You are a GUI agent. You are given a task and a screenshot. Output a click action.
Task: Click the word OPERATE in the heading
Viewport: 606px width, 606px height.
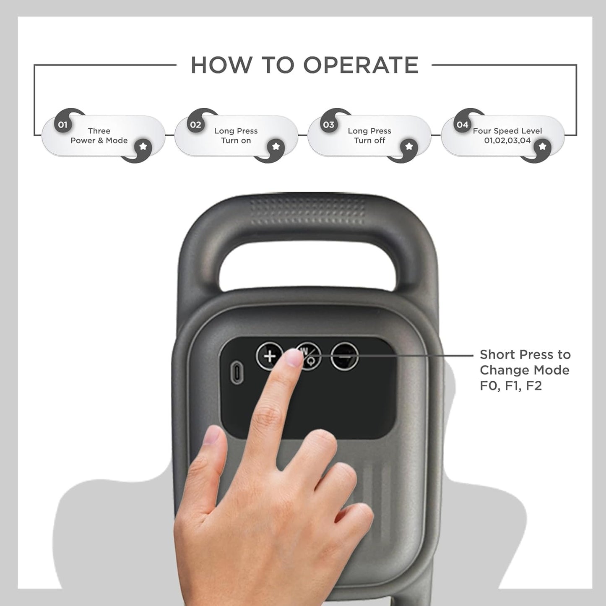[x=361, y=65]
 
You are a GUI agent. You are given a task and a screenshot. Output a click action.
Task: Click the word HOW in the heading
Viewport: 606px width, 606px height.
[x=221, y=65]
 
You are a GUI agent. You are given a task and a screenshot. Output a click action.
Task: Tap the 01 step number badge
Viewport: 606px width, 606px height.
[x=62, y=125]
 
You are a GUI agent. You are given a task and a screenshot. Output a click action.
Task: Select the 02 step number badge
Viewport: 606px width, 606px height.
[x=195, y=125]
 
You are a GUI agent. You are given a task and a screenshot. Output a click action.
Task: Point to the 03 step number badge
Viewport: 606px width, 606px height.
[x=328, y=125]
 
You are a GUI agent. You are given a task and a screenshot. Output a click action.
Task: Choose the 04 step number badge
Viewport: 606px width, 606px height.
[x=462, y=125]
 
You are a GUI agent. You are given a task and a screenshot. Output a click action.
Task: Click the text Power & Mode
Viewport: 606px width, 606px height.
[x=99, y=140]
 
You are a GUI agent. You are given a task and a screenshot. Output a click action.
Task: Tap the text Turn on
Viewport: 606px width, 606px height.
[x=236, y=140]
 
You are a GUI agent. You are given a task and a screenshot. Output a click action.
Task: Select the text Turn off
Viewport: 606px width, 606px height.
[x=369, y=140]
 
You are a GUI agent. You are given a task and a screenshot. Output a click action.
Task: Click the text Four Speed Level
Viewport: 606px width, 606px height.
[x=507, y=131]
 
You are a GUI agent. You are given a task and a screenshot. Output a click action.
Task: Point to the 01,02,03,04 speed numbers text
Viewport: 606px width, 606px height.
[x=507, y=140]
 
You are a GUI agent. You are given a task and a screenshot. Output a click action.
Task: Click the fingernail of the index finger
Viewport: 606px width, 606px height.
[x=294, y=358]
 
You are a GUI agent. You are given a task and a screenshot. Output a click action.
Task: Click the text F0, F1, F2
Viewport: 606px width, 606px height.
[x=510, y=385]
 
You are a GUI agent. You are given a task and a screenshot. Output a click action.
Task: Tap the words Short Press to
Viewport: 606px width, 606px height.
[x=525, y=355]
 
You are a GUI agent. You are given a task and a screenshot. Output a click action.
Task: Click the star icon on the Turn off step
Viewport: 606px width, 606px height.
[x=409, y=146]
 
